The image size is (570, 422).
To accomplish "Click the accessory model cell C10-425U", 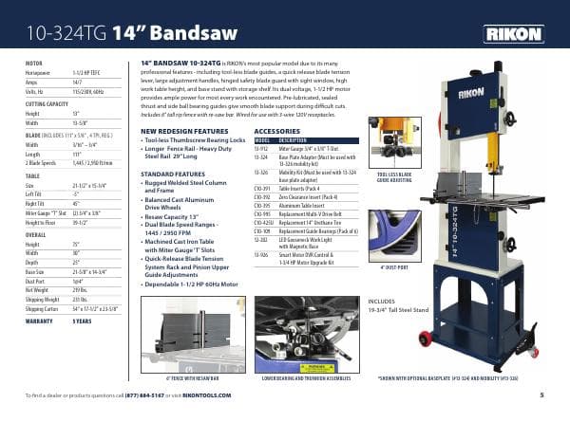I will [x=263, y=219].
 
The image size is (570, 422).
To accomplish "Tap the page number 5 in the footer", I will [x=541, y=394].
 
